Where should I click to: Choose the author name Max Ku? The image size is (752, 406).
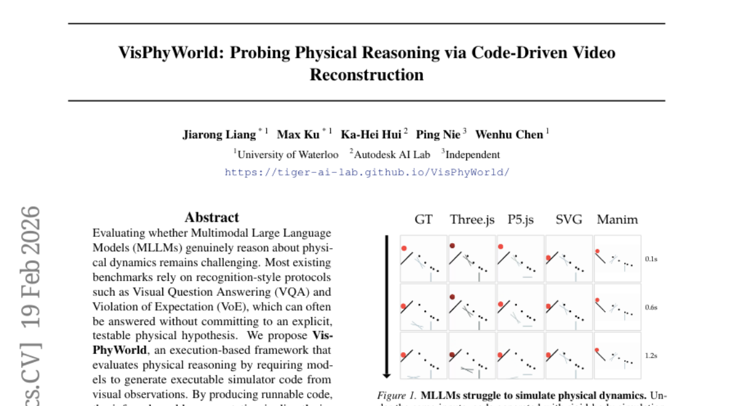pos(298,135)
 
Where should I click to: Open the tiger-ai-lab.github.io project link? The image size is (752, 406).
pos(367,172)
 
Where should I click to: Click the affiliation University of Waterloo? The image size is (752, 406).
pos(288,154)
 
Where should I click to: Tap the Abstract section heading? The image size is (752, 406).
pos(212,217)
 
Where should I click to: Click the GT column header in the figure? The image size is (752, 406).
pos(424,220)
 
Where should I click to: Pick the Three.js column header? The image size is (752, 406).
pos(472,220)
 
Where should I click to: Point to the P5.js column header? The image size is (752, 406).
pos(520,220)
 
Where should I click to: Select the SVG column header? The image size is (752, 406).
pos(568,220)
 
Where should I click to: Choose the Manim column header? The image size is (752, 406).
pos(617,220)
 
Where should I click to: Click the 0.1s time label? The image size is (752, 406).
pos(652,258)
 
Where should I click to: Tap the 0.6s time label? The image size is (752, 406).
pos(652,307)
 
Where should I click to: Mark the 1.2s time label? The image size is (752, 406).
pos(652,355)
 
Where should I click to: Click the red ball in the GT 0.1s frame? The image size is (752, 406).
pos(405,247)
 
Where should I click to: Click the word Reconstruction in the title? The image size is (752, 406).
pos(367,75)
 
